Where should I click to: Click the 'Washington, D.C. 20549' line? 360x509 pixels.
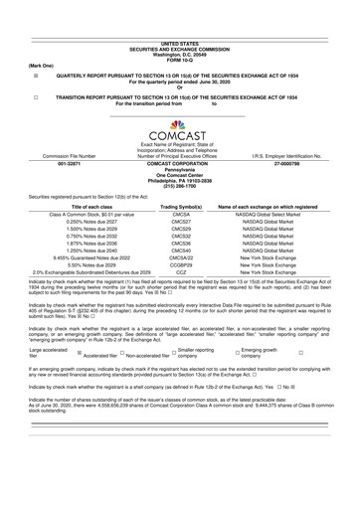179,26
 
